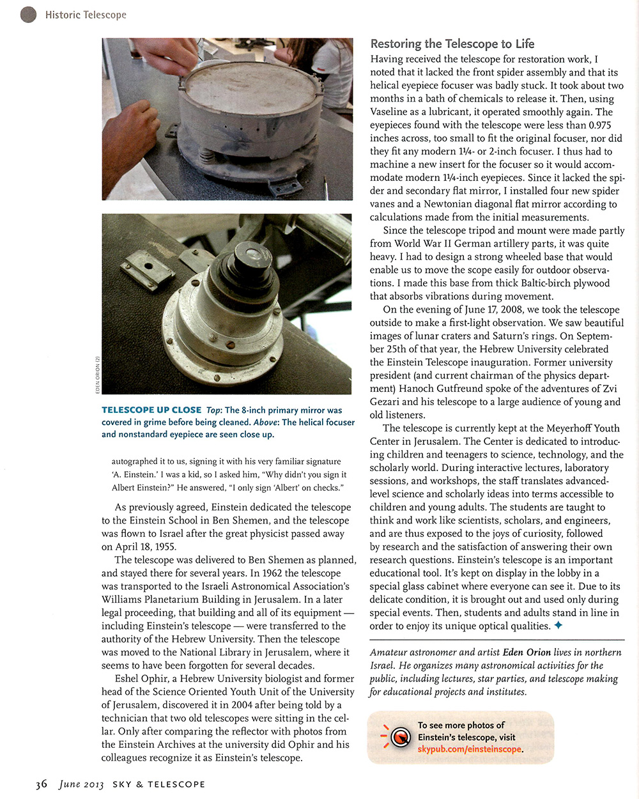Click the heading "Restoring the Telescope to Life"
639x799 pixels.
point(452,43)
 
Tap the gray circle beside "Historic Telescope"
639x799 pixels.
point(28,15)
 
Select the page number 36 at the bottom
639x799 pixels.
point(42,784)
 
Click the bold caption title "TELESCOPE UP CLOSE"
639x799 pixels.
point(151,410)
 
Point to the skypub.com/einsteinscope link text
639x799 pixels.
point(470,749)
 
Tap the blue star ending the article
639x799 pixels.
point(558,626)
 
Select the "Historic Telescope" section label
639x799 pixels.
point(86,15)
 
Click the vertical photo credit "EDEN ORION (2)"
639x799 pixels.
point(97,375)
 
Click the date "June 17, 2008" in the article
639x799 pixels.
point(457,309)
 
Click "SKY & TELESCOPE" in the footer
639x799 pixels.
point(158,784)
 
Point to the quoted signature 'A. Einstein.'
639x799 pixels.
point(134,474)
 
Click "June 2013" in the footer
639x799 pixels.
point(81,784)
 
